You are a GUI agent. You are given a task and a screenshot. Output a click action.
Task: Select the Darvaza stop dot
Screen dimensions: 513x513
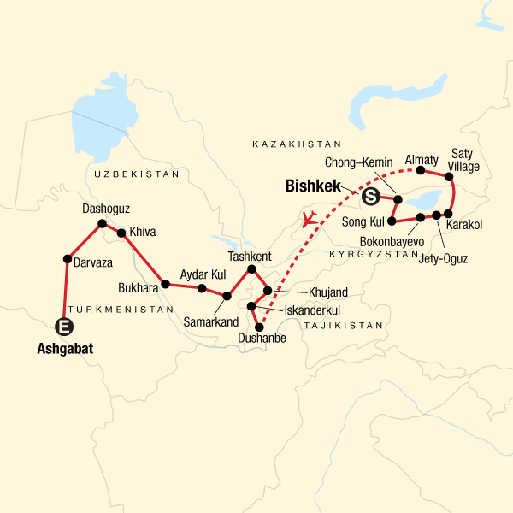click(67, 259)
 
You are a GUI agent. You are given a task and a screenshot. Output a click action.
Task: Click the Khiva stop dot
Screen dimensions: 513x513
click(122, 233)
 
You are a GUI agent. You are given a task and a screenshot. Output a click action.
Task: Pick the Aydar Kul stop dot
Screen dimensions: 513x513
click(202, 288)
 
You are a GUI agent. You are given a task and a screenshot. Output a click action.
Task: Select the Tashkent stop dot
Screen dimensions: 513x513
click(251, 270)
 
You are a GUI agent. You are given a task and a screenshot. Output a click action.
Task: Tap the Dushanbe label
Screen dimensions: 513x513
click(257, 339)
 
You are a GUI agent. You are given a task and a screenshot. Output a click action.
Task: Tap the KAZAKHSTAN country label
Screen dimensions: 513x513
click(297, 145)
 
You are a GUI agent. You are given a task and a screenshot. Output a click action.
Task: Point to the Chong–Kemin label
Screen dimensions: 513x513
click(358, 162)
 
